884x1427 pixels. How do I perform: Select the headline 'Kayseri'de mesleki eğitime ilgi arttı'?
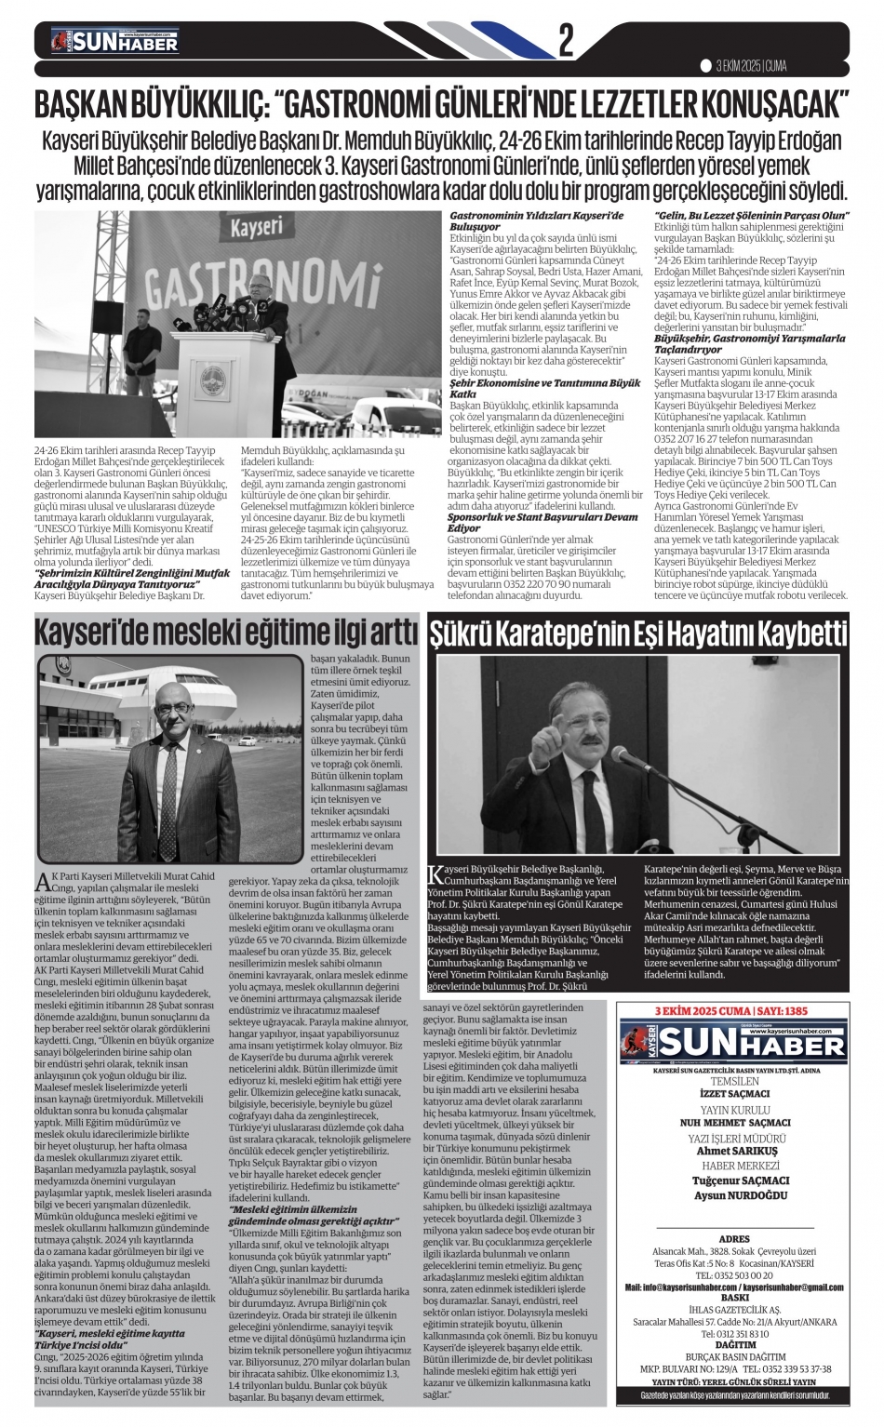coord(227,634)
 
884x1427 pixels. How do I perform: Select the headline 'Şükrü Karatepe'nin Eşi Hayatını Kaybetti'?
coord(638,634)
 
